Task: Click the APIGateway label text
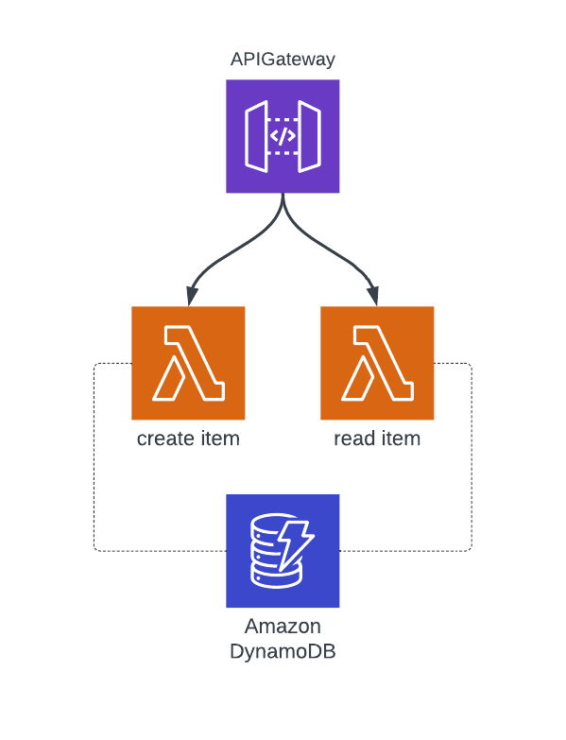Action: point(283,60)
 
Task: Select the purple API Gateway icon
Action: point(283,136)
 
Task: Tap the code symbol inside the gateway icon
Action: point(283,136)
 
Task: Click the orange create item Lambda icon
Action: point(188,363)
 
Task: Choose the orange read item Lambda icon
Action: point(377,363)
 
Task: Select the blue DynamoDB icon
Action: point(283,551)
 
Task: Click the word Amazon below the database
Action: point(283,627)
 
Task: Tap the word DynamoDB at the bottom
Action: point(283,652)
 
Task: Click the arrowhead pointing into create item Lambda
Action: point(192,297)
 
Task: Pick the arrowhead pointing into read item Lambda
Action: point(373,297)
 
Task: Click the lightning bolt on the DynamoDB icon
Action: point(295,545)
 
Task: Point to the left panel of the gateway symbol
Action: point(257,136)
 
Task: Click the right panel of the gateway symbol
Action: point(309,136)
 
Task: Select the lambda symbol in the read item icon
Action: point(377,363)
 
